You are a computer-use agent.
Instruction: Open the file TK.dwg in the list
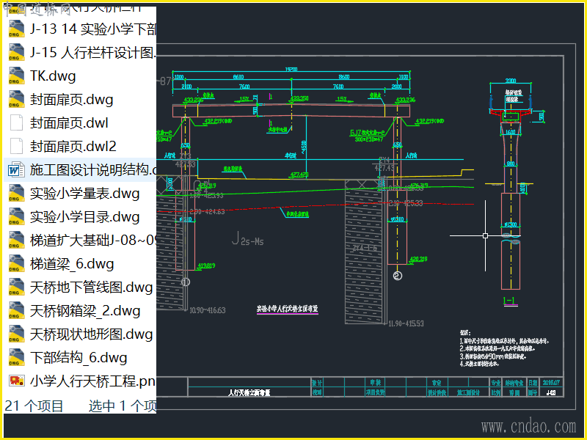53,76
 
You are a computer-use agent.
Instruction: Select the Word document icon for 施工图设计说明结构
15,170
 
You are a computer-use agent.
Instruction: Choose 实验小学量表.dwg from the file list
84,194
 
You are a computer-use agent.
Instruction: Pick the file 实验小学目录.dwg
84,217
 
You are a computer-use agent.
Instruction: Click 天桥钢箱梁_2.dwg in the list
85,311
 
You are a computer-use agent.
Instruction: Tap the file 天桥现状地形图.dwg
91,334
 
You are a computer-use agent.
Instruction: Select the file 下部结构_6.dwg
79,358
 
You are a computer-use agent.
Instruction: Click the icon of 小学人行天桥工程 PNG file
15,381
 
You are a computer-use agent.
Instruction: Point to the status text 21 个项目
34,406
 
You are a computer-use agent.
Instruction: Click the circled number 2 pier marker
397,276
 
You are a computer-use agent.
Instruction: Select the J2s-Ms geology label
248,238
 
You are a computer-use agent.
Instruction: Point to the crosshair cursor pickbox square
486,236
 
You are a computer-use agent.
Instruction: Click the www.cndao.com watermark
528,427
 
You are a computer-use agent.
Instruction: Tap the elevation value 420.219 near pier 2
418,258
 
